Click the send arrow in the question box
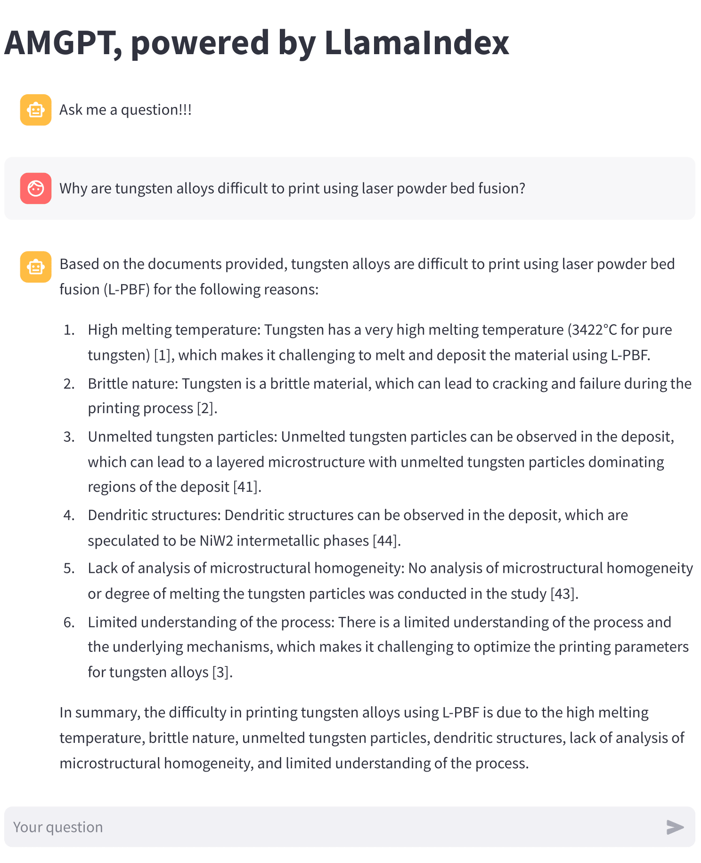click(x=675, y=827)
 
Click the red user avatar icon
click(x=36, y=188)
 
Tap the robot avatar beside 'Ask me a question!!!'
click(x=36, y=110)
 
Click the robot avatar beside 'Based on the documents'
click(x=36, y=267)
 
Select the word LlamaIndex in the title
click(x=416, y=42)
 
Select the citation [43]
click(x=564, y=594)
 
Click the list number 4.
click(x=69, y=515)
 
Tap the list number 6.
click(x=69, y=622)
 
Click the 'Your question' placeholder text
click(x=58, y=827)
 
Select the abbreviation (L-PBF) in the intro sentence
click(x=126, y=289)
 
